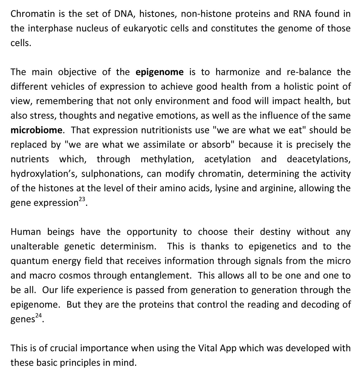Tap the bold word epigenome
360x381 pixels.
tap(159, 72)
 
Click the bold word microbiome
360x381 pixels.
tap(36, 130)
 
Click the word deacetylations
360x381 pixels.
tap(319, 159)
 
